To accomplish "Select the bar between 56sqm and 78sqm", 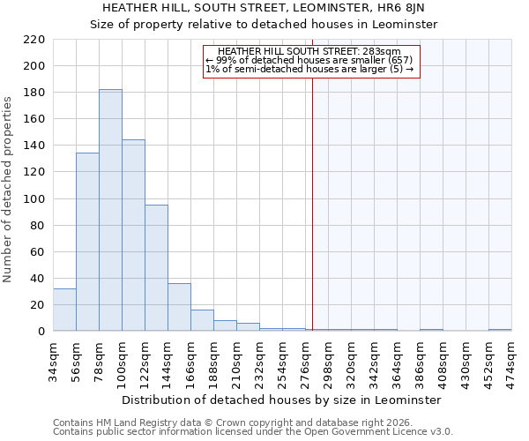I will click(x=87, y=242).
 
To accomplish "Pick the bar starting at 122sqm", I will click(x=156, y=268).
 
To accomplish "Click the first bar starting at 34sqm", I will click(x=64, y=310).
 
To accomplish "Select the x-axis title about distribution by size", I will click(x=281, y=400).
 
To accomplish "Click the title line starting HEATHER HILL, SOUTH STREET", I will click(x=264, y=8).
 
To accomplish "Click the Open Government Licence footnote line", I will click(x=253, y=432).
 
